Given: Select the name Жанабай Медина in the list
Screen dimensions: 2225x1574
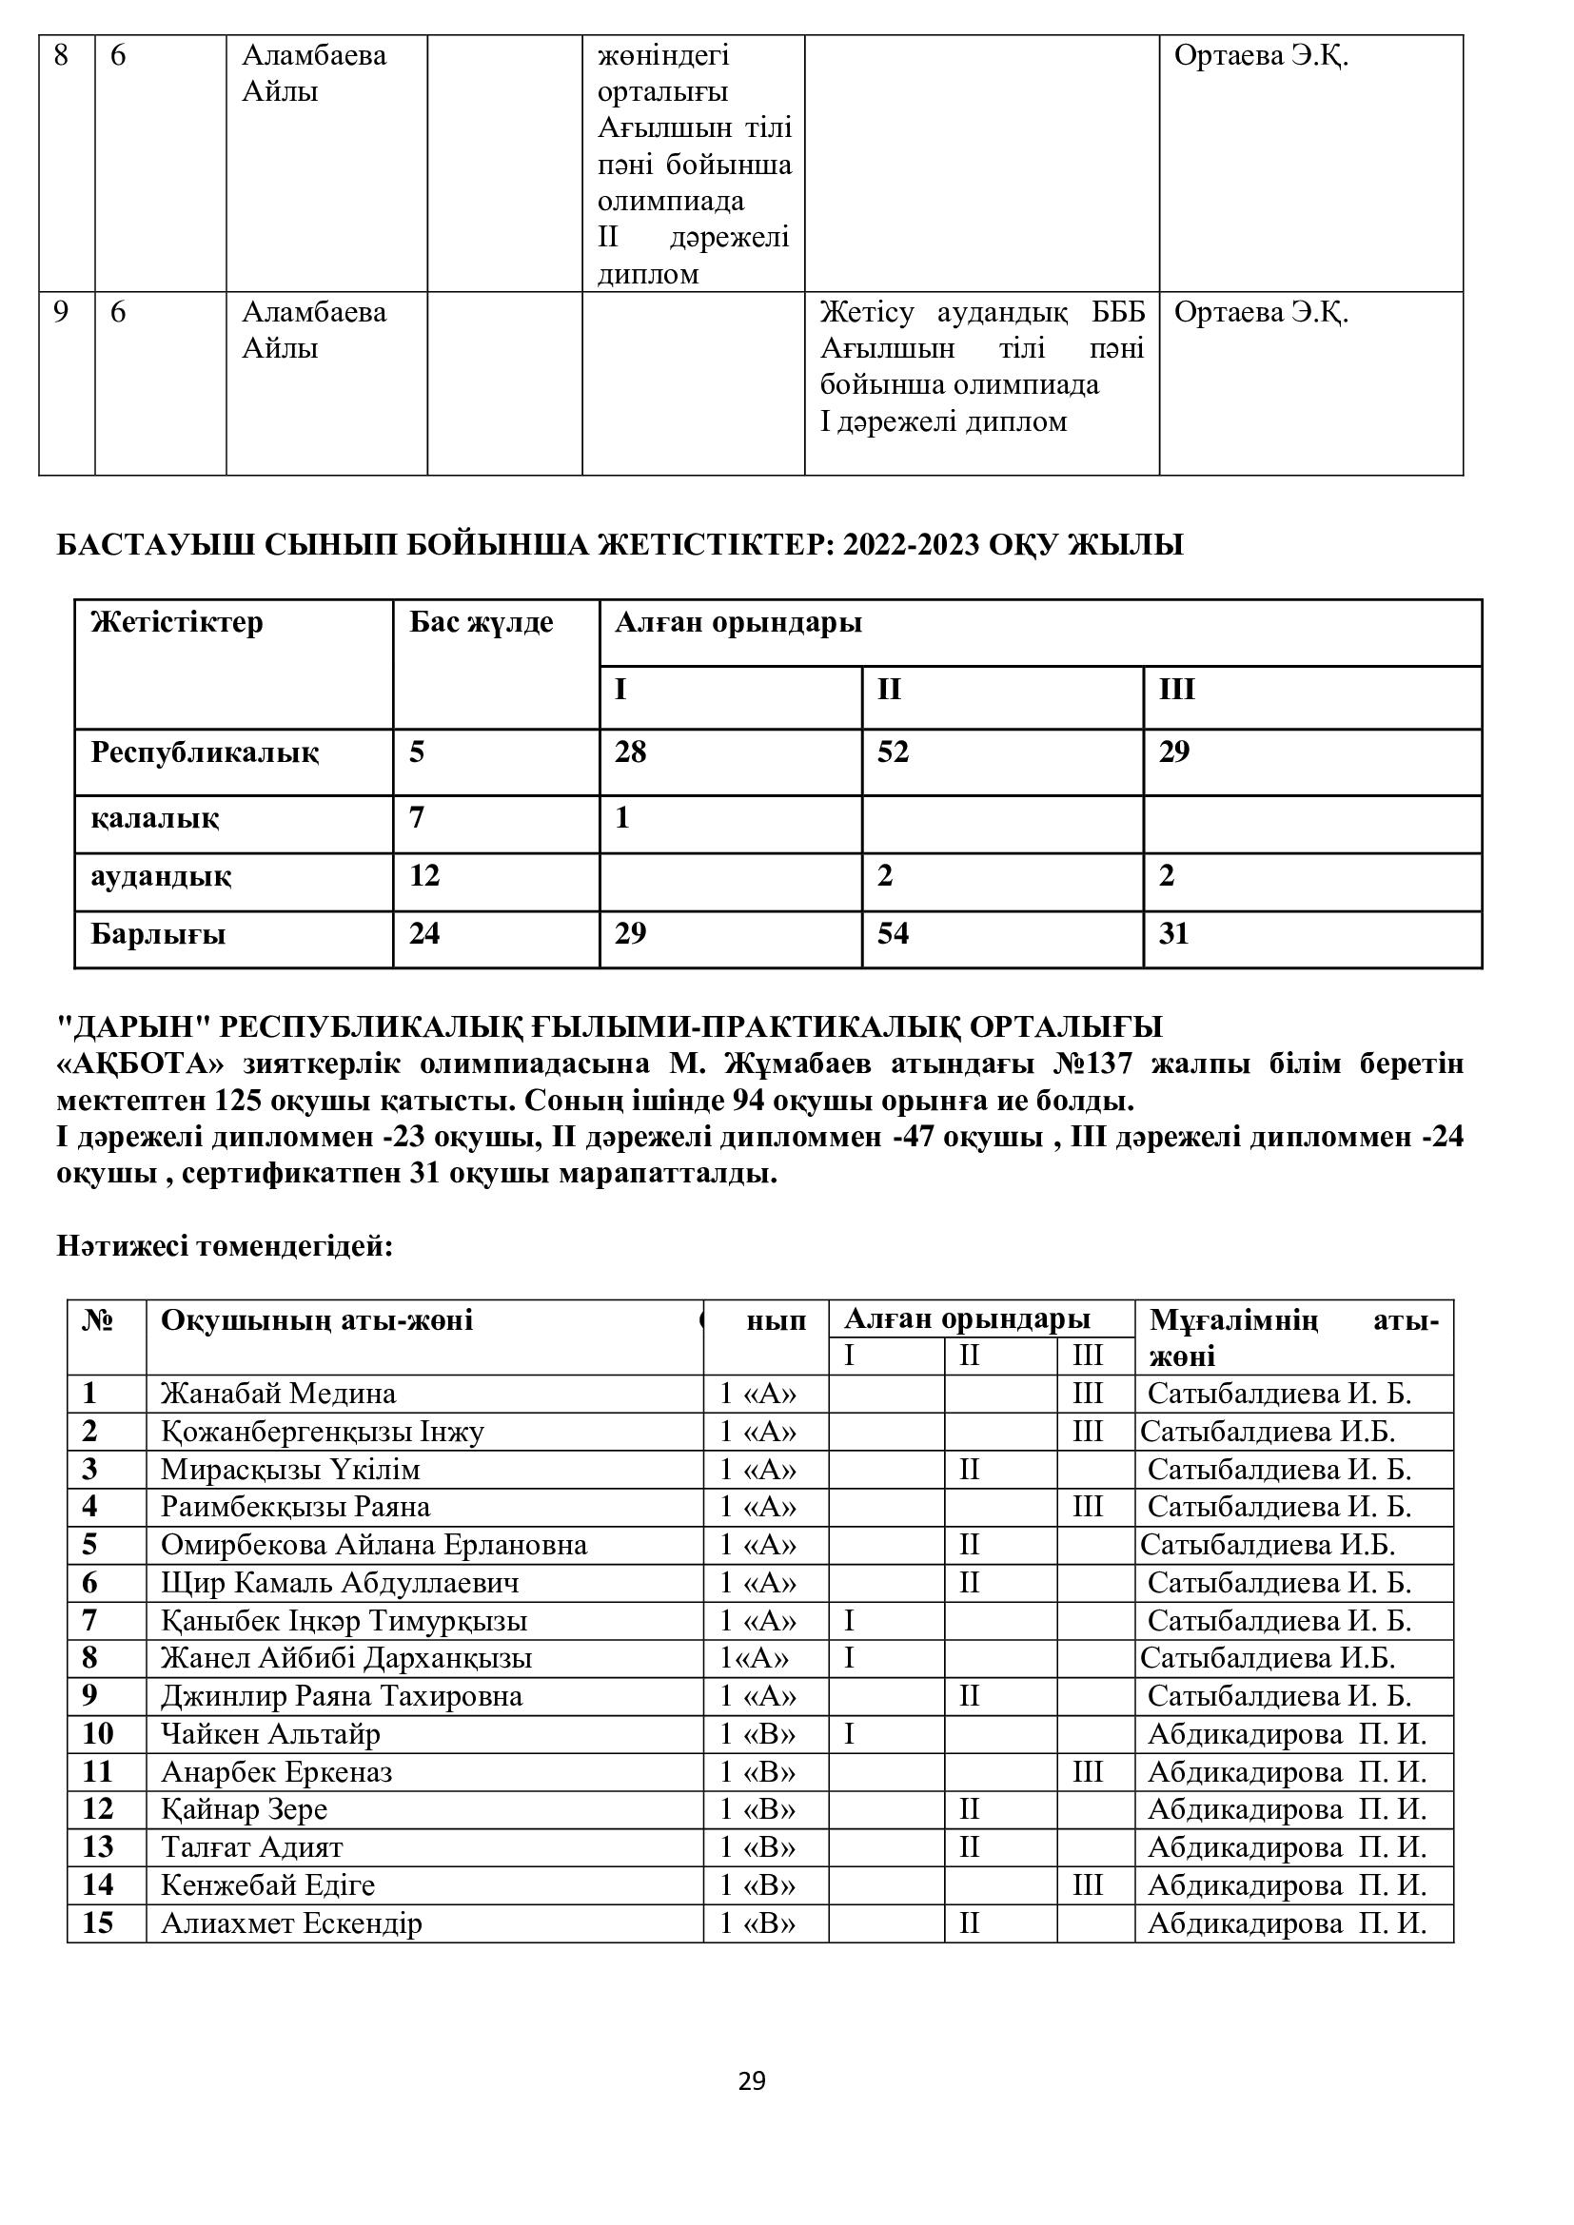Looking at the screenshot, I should pos(278,1394).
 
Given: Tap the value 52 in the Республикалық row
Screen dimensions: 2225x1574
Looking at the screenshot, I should pos(893,752).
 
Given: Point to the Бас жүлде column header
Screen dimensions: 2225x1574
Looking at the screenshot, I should pos(481,622).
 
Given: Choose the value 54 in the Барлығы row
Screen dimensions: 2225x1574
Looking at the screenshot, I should pos(893,934).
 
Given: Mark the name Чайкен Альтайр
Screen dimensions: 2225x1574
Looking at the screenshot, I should pos(270,1734).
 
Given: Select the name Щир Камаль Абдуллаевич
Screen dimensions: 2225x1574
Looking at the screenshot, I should pos(339,1583).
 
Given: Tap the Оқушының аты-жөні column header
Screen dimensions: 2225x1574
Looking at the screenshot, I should pos(317,1320).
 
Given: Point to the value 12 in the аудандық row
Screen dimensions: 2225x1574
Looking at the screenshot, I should pos(424,876).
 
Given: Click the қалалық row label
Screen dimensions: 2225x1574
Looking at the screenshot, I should pos(154,819).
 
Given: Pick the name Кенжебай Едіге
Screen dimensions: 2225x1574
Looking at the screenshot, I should pos(267,1884).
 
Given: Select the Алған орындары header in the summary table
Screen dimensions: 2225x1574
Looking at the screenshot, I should pos(738,622).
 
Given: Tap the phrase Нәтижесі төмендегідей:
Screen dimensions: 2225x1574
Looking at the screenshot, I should pos(225,1246).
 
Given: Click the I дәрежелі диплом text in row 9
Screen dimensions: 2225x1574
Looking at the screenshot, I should pos(943,421).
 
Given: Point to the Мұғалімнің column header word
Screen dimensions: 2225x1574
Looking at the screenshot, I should pos(1232,1320).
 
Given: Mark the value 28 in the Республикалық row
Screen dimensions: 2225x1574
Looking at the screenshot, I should pos(630,752).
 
